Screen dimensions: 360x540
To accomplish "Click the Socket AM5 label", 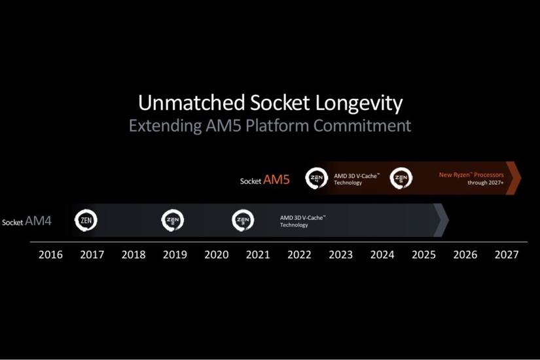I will (x=264, y=180).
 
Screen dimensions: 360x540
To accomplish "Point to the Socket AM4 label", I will (x=27, y=222).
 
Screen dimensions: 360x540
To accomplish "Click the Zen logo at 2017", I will (x=86, y=221).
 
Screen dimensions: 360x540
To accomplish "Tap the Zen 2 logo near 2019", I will (x=173, y=221).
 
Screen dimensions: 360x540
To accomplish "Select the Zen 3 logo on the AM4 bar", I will (x=243, y=221).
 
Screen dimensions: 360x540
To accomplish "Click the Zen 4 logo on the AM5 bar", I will (x=317, y=178).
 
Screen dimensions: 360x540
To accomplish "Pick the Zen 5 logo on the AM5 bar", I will (x=401, y=178).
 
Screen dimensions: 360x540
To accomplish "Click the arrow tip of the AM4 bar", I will (x=442, y=221).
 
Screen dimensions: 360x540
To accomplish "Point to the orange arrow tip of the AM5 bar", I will (x=515, y=178).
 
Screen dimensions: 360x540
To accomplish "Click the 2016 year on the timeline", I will (x=50, y=255).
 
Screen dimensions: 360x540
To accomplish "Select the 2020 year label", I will (x=217, y=255).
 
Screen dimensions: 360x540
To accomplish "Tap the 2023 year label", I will (x=340, y=255).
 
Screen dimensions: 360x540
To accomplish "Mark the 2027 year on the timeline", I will (x=506, y=255).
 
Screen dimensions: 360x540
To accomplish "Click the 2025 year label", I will (x=423, y=255).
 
